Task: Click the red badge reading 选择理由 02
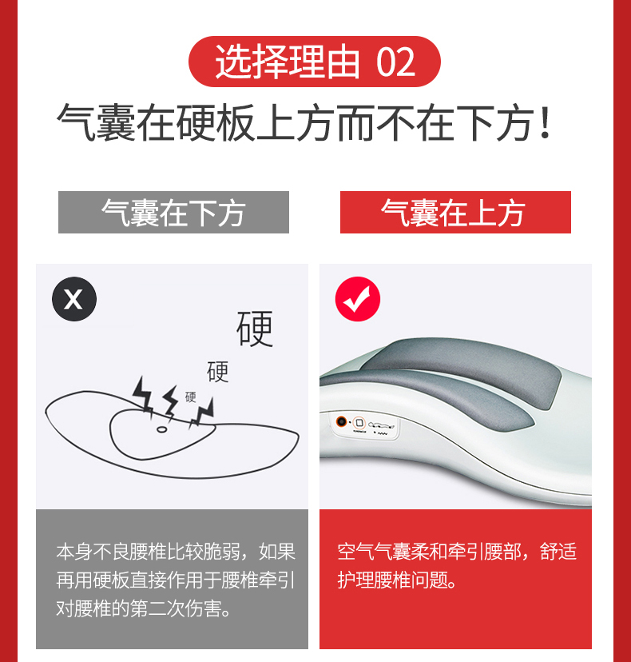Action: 314,62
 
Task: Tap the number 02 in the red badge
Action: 395,62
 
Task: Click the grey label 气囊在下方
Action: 173,212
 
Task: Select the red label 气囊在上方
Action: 455,212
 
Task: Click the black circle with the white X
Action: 74,299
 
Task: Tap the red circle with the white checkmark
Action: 358,299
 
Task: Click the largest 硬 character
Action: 255,329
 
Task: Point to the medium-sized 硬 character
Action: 217,372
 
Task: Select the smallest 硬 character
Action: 191,397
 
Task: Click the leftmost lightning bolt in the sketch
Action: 143,396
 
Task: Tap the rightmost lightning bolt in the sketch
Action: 202,412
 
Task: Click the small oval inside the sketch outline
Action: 161,429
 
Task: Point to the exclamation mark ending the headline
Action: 546,122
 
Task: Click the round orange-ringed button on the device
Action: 341,421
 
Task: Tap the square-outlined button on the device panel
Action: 359,422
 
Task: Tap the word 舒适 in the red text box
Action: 558,551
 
